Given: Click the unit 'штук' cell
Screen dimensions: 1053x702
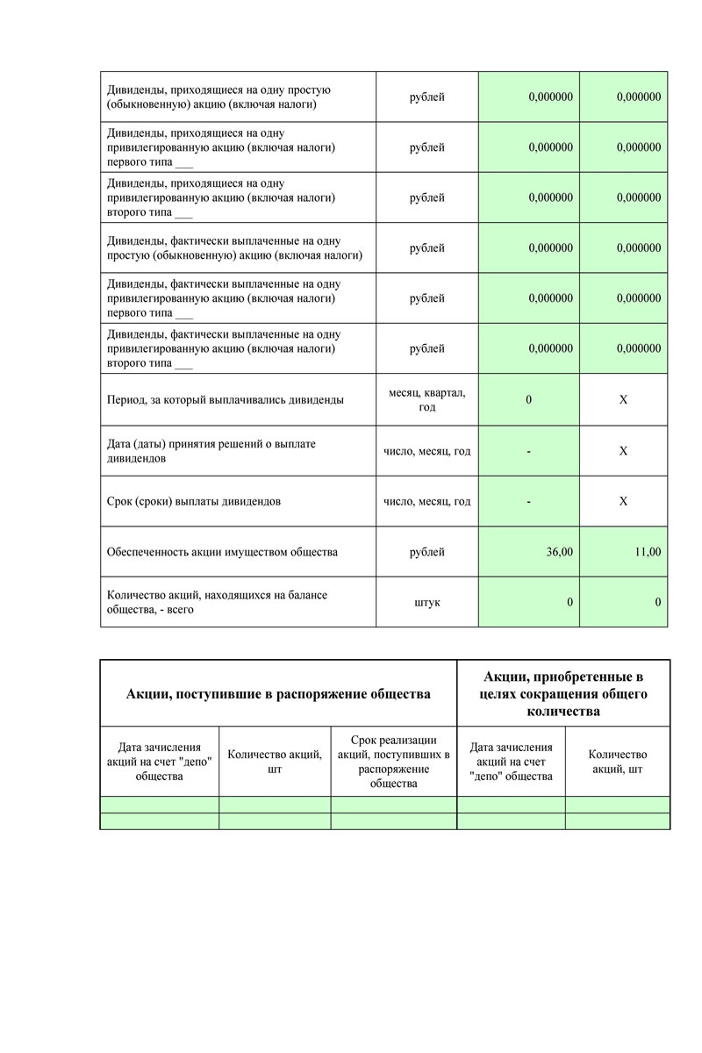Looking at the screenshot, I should click(x=426, y=602).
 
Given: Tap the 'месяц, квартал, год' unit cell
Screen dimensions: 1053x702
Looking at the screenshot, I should click(x=426, y=400).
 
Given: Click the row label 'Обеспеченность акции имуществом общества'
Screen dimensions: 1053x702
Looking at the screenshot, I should click(x=221, y=552).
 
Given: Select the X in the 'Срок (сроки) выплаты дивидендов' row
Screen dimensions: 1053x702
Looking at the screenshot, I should click(x=623, y=502).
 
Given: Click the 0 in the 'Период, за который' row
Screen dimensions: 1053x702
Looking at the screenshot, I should click(x=528, y=400).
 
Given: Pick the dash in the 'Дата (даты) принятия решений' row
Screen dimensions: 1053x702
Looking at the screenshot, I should click(x=528, y=451).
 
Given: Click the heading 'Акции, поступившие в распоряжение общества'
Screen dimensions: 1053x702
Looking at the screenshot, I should click(x=278, y=694).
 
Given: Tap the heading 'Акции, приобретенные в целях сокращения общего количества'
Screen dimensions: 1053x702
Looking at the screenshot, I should click(x=563, y=693).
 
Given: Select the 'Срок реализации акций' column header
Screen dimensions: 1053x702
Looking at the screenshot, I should click(x=393, y=761).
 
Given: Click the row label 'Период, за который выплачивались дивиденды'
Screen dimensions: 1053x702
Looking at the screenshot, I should click(x=225, y=400).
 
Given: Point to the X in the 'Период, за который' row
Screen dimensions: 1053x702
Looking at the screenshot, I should click(x=623, y=400).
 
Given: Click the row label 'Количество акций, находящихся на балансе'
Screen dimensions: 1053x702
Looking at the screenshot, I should click(x=216, y=602).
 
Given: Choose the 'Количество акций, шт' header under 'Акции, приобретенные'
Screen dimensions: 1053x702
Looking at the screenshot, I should click(x=617, y=762).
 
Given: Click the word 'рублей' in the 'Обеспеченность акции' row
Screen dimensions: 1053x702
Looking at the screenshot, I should click(x=426, y=552).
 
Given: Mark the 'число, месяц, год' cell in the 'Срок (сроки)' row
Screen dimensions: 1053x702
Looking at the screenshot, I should click(x=426, y=502).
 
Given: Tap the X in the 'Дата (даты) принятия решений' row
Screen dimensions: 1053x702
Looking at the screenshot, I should click(x=623, y=451).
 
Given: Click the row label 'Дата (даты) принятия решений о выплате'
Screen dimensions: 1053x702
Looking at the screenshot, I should click(x=211, y=451).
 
